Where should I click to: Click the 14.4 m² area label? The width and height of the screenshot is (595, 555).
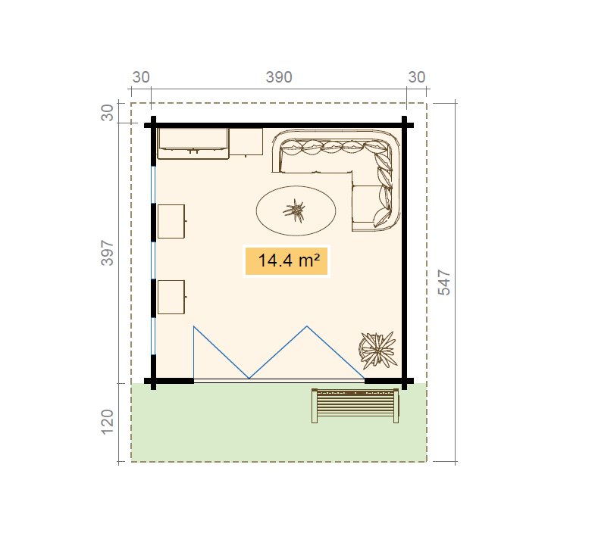click(x=289, y=260)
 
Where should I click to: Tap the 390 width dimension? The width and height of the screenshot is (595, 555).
click(x=279, y=77)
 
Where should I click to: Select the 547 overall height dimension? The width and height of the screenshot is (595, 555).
click(x=444, y=282)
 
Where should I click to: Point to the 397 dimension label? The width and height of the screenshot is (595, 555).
click(x=108, y=253)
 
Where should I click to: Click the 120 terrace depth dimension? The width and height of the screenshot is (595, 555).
click(x=108, y=422)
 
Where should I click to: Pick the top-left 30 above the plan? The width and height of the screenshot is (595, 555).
click(x=141, y=77)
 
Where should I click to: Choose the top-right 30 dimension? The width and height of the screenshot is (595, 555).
click(x=417, y=77)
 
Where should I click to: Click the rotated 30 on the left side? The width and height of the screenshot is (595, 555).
click(x=108, y=113)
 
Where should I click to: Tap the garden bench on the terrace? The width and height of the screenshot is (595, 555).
click(x=355, y=406)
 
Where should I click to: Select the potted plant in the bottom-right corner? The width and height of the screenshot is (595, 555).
click(x=377, y=350)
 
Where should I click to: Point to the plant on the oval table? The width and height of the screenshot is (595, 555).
click(x=294, y=210)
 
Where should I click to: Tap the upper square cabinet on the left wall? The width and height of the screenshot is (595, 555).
click(x=171, y=221)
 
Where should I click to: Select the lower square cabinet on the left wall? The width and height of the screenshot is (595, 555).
click(x=171, y=298)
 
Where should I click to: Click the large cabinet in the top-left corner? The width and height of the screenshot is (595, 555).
click(x=193, y=143)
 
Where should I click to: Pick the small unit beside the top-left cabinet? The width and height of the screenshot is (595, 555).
click(x=246, y=142)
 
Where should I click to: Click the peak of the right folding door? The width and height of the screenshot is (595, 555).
click(x=307, y=326)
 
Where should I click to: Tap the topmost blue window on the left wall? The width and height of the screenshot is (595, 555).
click(x=153, y=185)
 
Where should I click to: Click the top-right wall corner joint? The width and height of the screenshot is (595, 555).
click(x=405, y=125)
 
